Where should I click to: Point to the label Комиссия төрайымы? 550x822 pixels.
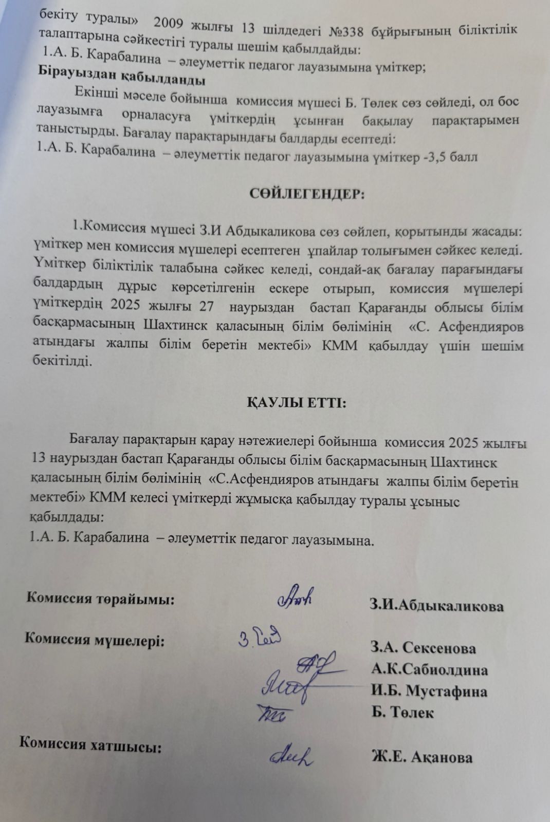click(100, 598)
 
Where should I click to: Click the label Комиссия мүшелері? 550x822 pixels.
click(95, 641)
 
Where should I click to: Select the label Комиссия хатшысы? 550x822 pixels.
click(90, 745)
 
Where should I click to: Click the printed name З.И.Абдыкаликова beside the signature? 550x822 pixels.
click(436, 606)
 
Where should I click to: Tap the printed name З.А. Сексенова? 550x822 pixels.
click(423, 648)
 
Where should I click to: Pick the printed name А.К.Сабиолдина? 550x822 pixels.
click(429, 669)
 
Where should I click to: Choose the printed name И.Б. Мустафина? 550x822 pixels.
click(429, 691)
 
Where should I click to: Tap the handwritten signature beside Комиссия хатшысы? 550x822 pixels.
click(292, 755)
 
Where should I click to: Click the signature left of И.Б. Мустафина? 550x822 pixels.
click(288, 686)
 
